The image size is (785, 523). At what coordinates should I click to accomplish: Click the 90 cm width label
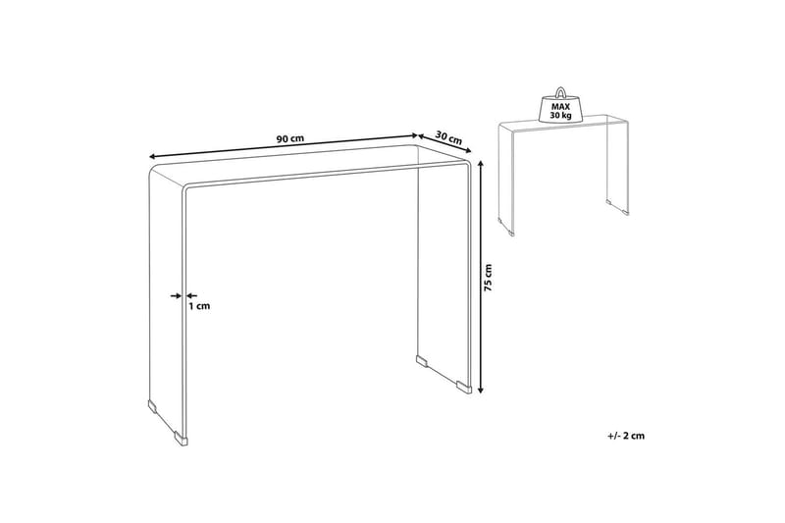pos(289,139)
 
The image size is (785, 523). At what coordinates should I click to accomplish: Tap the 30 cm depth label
pos(449,137)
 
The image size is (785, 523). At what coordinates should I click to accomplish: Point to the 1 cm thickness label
pos(199,306)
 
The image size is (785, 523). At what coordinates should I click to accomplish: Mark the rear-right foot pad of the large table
pos(423,359)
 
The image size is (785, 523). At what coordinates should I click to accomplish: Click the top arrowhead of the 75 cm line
pos(480,166)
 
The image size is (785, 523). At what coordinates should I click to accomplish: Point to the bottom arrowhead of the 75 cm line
pos(480,390)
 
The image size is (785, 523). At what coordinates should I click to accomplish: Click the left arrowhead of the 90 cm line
pos(153,154)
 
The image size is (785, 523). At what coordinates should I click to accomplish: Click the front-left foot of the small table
pos(510,234)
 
